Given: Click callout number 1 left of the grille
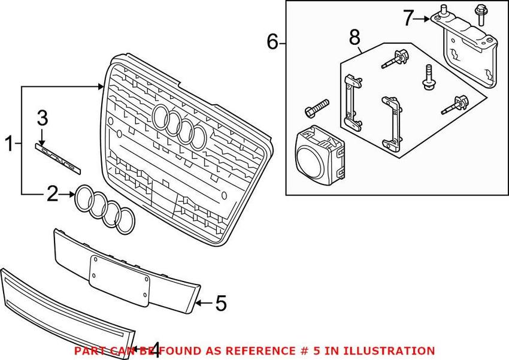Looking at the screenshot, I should (10, 143).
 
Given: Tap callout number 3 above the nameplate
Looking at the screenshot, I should (43, 118).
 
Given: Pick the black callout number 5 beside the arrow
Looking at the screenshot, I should (220, 304).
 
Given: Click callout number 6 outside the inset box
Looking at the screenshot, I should (272, 42).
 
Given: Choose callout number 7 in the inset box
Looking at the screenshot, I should (408, 19).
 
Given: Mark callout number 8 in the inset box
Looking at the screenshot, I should (355, 38).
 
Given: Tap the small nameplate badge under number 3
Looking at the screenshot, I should (57, 155).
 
